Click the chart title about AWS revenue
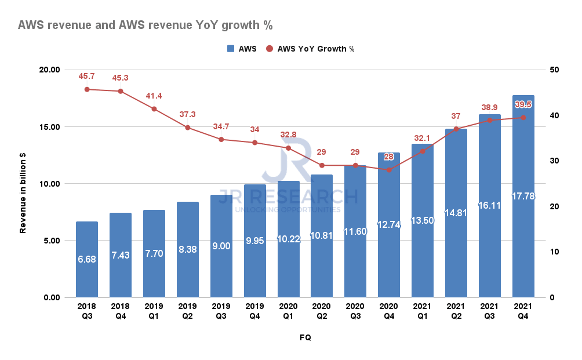[x=145, y=26]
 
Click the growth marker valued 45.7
[x=87, y=89]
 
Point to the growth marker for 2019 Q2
[x=188, y=128]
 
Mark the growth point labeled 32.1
[x=423, y=151]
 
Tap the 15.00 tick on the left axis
[x=49, y=127]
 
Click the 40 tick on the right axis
[x=555, y=115]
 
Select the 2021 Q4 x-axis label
[x=523, y=311]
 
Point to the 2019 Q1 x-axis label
[x=154, y=311]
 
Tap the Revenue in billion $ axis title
[x=23, y=184]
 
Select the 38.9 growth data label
[x=490, y=108]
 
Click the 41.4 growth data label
[x=154, y=96]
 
